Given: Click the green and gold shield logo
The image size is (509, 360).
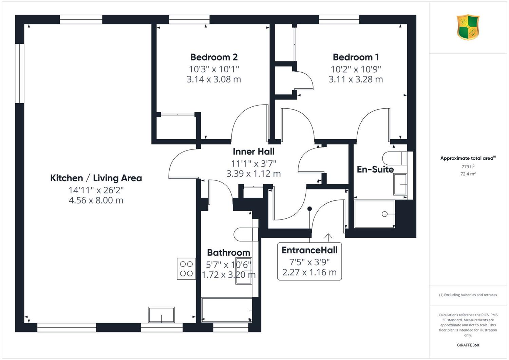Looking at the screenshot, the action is pyautogui.click(x=468, y=27).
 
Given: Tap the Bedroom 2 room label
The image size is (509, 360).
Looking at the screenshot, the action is pyautogui.click(x=214, y=57).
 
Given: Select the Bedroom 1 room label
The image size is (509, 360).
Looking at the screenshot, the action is pyautogui.click(x=356, y=57).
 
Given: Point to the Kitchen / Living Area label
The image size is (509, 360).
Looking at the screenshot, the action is pyautogui.click(x=96, y=178).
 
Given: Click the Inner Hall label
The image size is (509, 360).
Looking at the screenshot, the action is pyautogui.click(x=253, y=151).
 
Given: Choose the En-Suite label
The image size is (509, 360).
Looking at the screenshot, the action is pyautogui.click(x=375, y=169).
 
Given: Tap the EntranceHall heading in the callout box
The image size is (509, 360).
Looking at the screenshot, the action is pyautogui.click(x=309, y=250).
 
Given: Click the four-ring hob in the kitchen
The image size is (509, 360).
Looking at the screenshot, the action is pyautogui.click(x=186, y=269).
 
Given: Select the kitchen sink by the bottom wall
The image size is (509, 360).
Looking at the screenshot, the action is pyautogui.click(x=161, y=315).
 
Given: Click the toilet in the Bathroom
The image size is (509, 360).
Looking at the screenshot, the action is pyautogui.click(x=246, y=234).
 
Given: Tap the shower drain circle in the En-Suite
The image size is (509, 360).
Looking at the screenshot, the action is pyautogui.click(x=384, y=214).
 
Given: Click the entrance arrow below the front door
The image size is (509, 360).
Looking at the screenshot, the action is pyautogui.click(x=328, y=237).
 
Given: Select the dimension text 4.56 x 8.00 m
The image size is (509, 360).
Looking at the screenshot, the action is pyautogui.click(x=96, y=200).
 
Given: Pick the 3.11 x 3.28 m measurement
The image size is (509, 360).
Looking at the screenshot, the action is pyautogui.click(x=356, y=79).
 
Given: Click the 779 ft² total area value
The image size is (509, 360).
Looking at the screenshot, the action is pyautogui.click(x=468, y=166).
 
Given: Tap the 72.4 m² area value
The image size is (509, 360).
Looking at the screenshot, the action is pyautogui.click(x=468, y=174).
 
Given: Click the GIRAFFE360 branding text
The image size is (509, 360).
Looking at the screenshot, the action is pyautogui.click(x=468, y=345).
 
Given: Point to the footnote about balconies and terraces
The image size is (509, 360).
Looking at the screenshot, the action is pyautogui.click(x=468, y=295).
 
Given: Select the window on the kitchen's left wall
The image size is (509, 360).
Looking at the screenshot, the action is pyautogui.click(x=20, y=73).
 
